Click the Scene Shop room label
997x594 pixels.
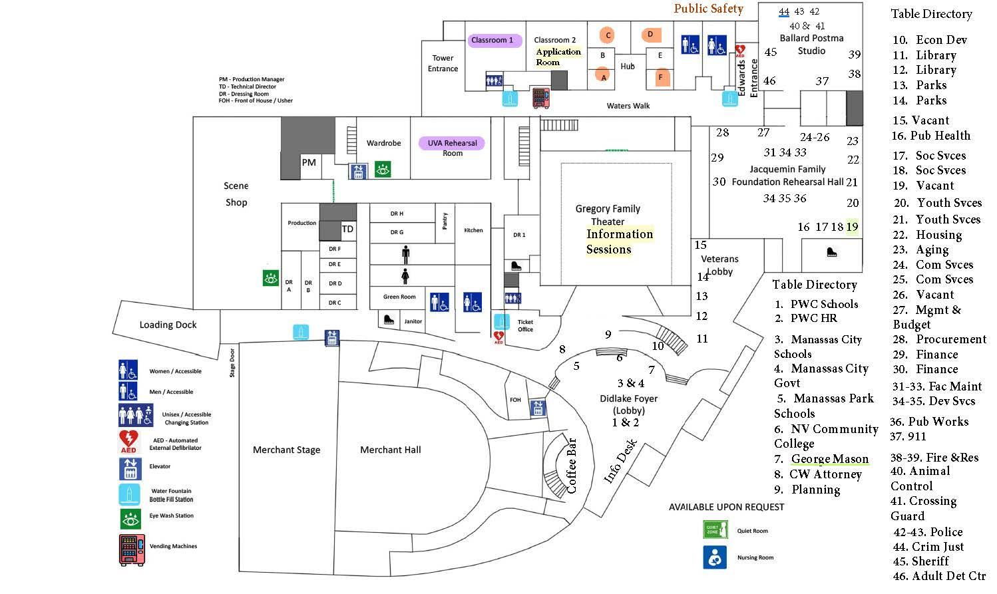pos(236,194)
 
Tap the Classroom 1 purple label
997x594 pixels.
pos(493,40)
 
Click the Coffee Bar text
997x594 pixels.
pos(571,465)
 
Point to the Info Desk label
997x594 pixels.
pos(620,460)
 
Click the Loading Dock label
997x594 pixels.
pos(168,325)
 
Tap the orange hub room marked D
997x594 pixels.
pos(650,34)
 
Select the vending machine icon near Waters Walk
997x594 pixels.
pos(540,97)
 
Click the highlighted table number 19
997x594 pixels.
pos(852,227)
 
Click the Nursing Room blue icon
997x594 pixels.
pos(715,557)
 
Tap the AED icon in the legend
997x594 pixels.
pos(128,441)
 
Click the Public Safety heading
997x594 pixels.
pos(708,9)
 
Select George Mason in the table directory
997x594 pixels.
pos(829,459)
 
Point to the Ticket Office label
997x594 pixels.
pos(525,325)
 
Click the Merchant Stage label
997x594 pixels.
pos(286,450)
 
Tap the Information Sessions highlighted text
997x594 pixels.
pos(619,241)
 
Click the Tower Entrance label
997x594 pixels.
pos(443,63)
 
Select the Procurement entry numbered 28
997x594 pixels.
pos(941,339)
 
